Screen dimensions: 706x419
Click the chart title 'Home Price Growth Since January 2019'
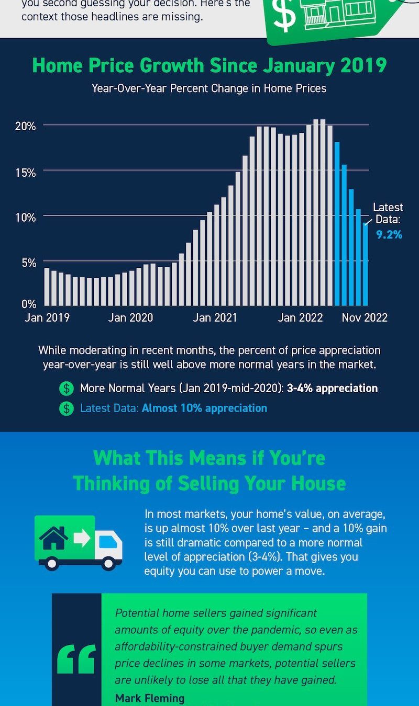pos(210,66)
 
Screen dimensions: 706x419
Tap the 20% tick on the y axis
pos(25,127)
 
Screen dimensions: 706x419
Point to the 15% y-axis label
pos(25,172)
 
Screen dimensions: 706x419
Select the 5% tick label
pos(28,263)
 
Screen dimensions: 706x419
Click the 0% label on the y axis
pos(28,303)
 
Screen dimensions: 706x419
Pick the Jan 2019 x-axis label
pos(47,317)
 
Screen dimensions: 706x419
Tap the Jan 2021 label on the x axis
pos(215,317)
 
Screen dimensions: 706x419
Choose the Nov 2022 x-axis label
pos(365,317)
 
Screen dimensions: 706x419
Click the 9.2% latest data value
pos(389,235)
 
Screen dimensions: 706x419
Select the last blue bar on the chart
pos(365,264)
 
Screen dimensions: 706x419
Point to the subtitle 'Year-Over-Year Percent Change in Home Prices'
pos(209,88)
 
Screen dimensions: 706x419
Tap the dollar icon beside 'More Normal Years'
pos(67,389)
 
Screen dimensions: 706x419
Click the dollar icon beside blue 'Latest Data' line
pos(67,408)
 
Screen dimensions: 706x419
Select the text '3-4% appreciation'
pos(332,389)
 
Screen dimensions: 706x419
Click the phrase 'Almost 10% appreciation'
pos(204,408)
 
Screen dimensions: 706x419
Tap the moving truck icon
pos(79,542)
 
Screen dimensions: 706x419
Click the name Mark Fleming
pos(150,698)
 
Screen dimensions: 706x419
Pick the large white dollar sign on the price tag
pos(285,16)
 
